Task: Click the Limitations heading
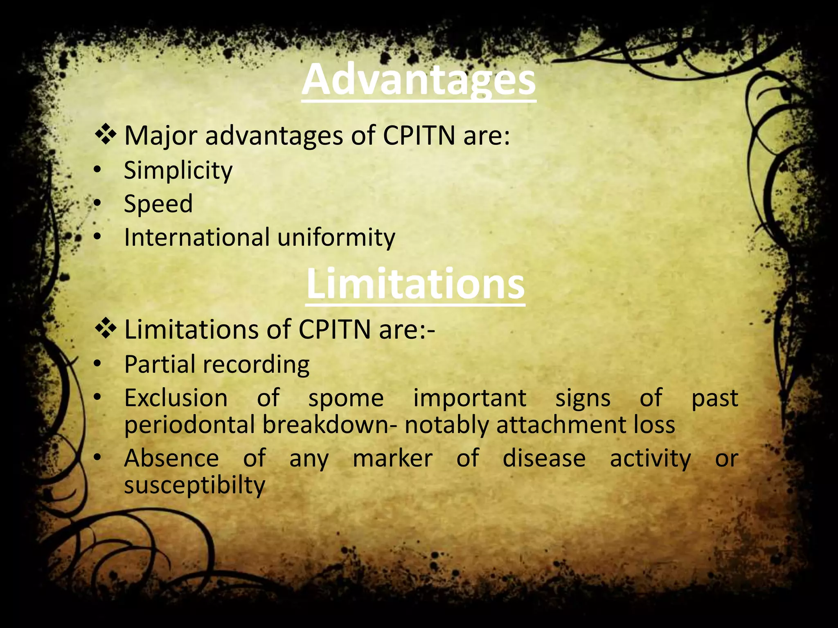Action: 415,284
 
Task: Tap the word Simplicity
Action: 178,170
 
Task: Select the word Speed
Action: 158,204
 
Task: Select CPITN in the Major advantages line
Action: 419,135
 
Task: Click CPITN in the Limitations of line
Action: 334,330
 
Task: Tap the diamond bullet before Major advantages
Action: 106,135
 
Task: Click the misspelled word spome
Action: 346,398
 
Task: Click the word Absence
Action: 171,458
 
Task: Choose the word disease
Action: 544,458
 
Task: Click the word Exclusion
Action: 176,398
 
